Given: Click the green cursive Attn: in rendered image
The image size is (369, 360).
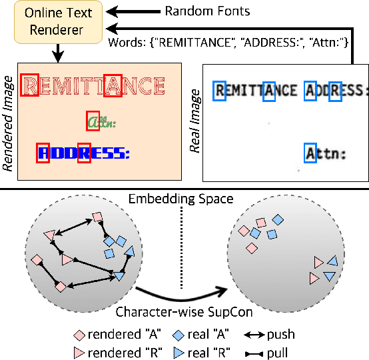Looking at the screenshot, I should (101, 123).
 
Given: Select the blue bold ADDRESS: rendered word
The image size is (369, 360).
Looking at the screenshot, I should (84, 153).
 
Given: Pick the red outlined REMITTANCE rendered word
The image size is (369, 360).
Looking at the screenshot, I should (93, 86).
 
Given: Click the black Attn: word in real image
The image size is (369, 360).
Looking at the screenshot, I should (326, 154).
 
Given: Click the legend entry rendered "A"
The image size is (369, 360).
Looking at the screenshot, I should (114, 335).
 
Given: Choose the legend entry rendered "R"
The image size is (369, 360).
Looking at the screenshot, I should (114, 351).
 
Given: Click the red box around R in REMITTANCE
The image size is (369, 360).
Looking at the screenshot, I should (30, 85).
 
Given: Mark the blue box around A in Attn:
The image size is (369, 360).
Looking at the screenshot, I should (310, 153).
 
